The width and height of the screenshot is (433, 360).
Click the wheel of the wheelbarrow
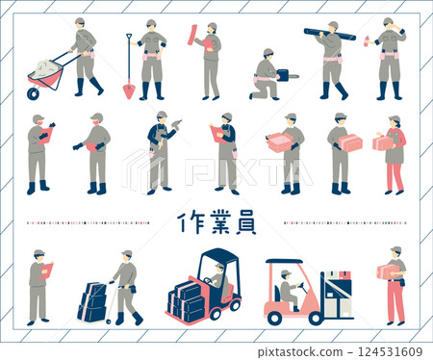click(x=35, y=92)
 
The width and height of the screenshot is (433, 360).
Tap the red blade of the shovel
click(x=129, y=90)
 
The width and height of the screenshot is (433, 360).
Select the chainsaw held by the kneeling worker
click(x=286, y=75)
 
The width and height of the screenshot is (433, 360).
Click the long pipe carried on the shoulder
click(x=329, y=35)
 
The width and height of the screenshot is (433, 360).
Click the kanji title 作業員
click(x=217, y=222)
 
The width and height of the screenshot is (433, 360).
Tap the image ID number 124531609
click(x=390, y=350)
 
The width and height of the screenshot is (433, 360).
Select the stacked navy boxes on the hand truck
click(x=92, y=301)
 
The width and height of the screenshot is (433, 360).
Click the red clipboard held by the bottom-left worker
click(x=47, y=270)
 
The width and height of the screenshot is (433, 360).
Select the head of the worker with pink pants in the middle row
click(x=394, y=121)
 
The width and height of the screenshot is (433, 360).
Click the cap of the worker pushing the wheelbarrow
click(x=79, y=20)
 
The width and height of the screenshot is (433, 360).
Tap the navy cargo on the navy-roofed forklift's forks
click(x=187, y=301)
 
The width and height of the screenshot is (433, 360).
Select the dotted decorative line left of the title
click(x=87, y=222)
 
